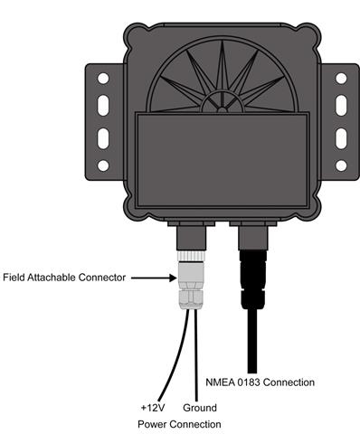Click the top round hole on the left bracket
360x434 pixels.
point(103,79)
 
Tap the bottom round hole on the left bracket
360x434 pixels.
point(103,165)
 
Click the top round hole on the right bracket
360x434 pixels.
point(341,79)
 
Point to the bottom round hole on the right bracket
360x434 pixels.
point(341,165)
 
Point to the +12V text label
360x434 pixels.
point(153,408)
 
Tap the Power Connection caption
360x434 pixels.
point(178,424)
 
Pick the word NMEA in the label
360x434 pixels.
point(222,382)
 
